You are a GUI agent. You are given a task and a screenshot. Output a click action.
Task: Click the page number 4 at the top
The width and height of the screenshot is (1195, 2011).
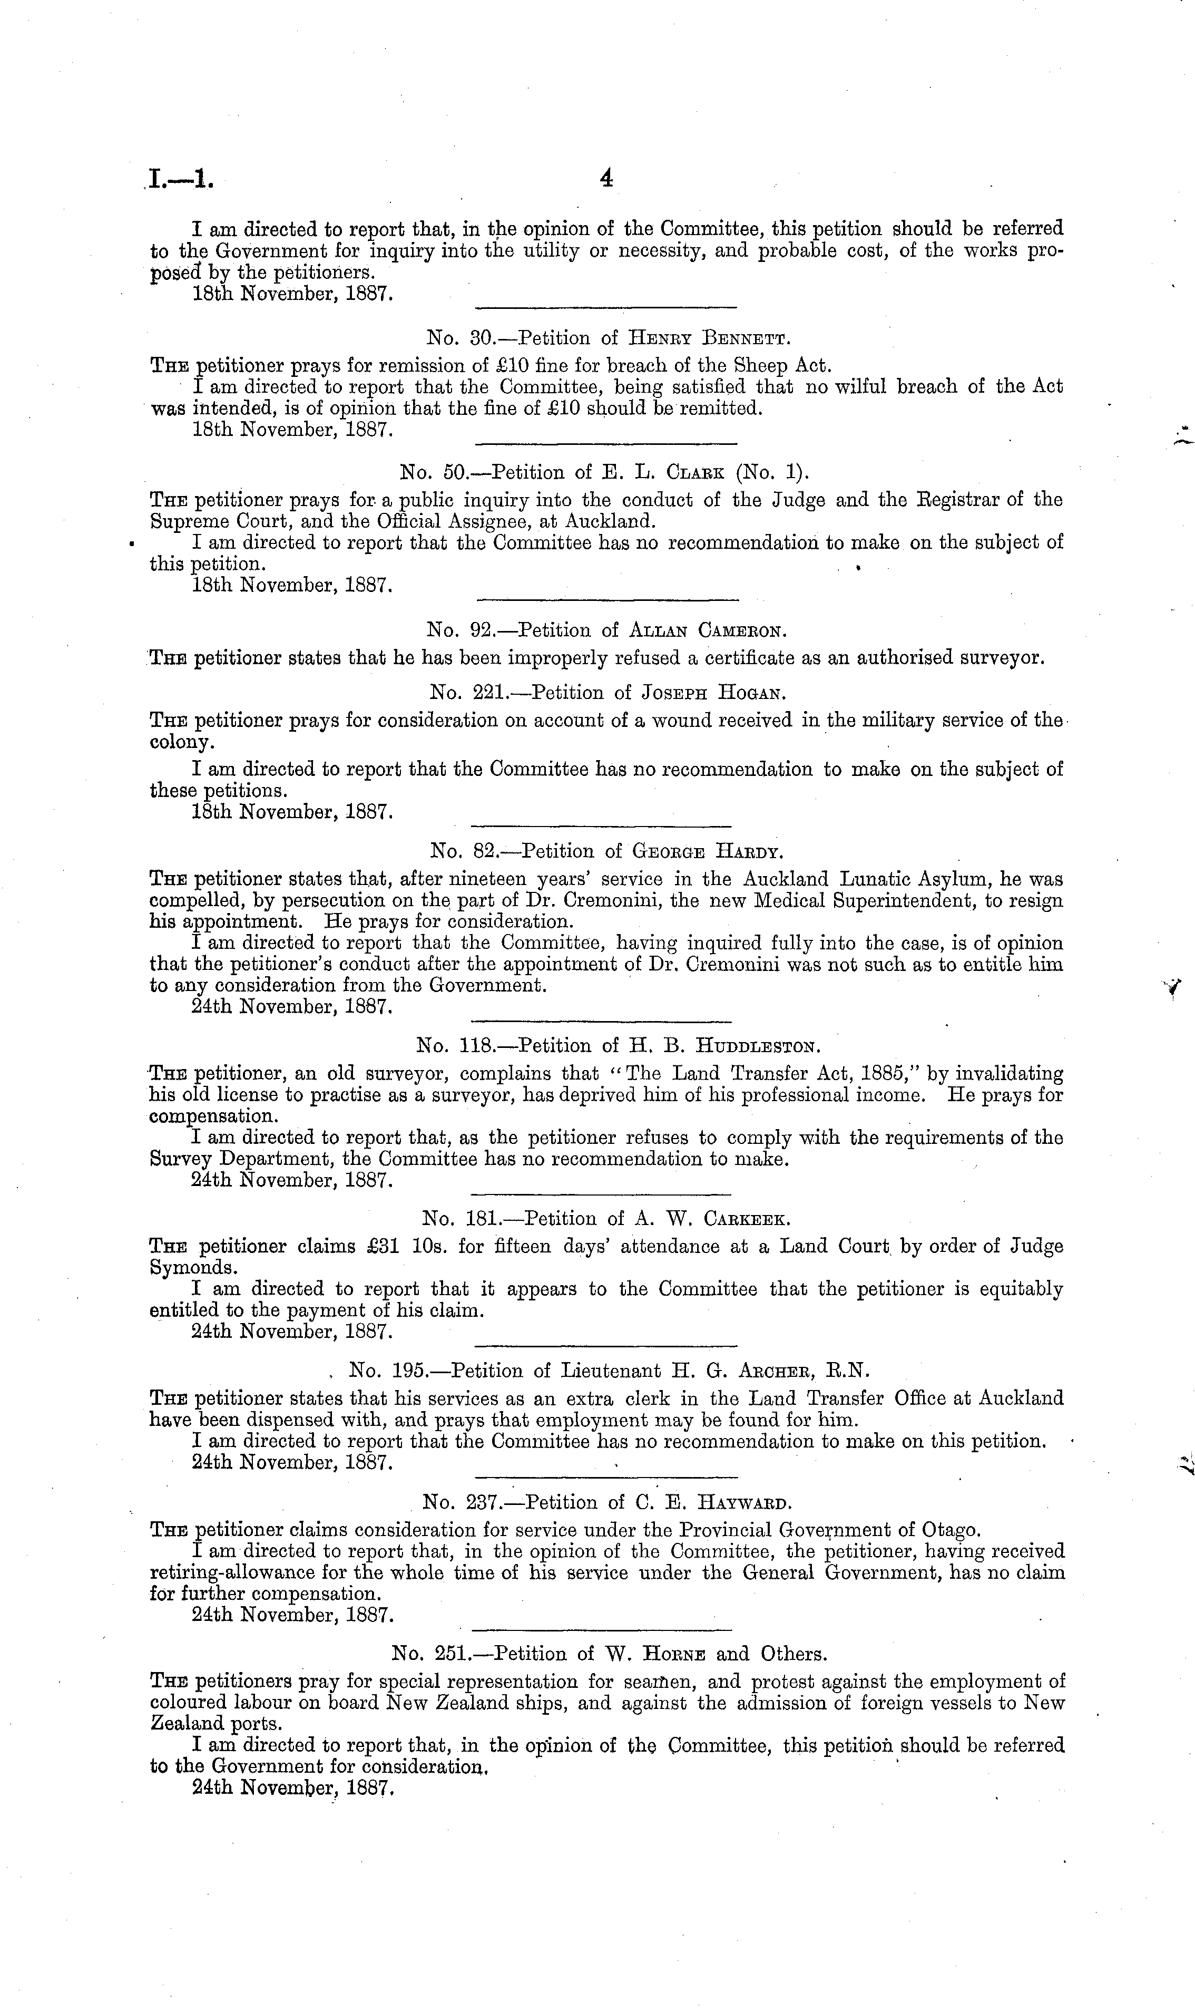tap(606, 180)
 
